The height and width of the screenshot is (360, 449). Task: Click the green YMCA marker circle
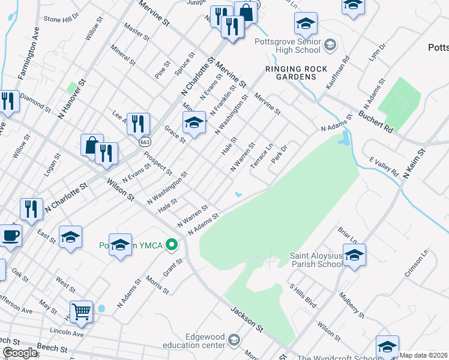172,244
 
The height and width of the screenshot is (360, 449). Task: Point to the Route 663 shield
145,142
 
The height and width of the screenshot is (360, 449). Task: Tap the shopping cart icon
81,311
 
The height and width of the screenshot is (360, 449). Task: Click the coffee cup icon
10,235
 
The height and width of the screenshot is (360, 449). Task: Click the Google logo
20,353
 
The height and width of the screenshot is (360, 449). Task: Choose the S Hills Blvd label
303,296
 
